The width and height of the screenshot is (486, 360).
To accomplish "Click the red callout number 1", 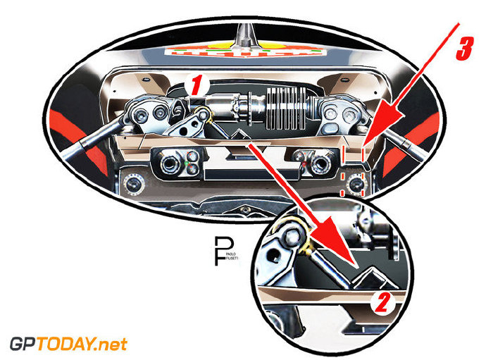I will (198, 86).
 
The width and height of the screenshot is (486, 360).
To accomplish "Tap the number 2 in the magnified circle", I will (380, 302).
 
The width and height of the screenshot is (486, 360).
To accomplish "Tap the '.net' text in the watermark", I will (113, 345).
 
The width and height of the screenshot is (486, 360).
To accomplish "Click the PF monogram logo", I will (222, 251).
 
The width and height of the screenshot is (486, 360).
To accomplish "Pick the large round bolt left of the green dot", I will (170, 164).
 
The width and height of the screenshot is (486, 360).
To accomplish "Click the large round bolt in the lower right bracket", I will (321, 163).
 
